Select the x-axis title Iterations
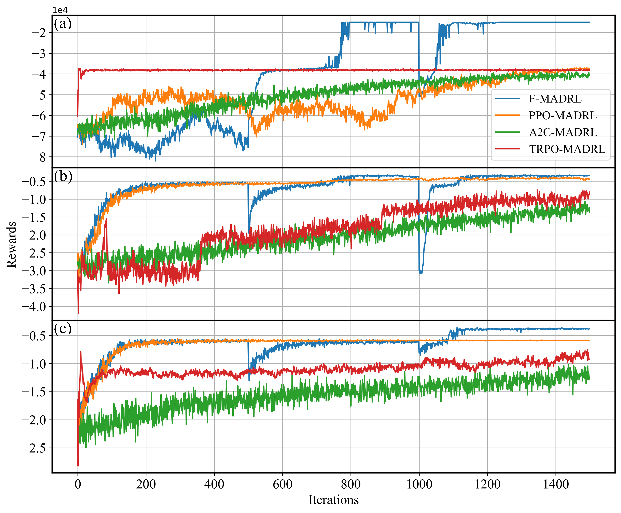coord(333,500)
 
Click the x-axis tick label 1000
coord(419,485)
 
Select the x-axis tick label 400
coord(214,485)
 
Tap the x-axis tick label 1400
coord(556,485)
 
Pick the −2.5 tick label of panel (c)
coord(34,448)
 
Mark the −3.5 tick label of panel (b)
coord(34,289)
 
